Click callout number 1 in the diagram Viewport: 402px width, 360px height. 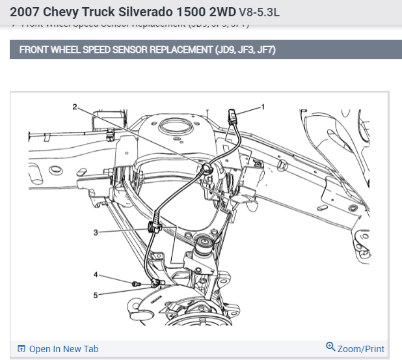click(263, 105)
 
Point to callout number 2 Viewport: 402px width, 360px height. click(75, 106)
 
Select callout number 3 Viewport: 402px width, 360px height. click(96, 232)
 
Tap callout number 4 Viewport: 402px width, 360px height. click(96, 274)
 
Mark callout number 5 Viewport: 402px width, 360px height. click(96, 295)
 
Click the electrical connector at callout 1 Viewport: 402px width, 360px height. click(233, 118)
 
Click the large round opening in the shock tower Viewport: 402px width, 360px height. click(176, 125)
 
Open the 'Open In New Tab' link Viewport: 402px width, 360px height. click(63, 349)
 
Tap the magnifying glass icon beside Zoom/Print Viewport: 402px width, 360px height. click(330, 348)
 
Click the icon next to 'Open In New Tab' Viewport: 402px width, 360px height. click(21, 349)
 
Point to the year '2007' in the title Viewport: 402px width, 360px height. click(24, 12)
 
